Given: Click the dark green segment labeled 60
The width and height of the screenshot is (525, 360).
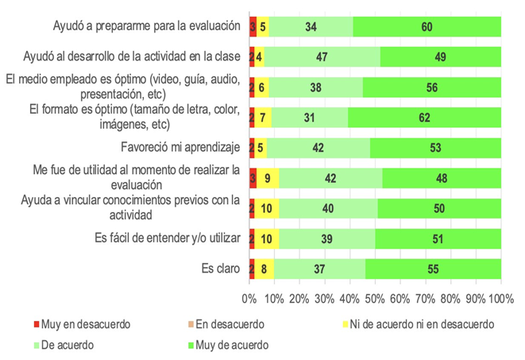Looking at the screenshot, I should point(427,26).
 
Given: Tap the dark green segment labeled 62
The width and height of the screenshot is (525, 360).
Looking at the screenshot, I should point(424,118).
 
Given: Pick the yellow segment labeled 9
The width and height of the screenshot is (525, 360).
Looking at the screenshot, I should point(268,178).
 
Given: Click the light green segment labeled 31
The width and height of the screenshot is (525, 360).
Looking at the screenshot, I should point(308,118).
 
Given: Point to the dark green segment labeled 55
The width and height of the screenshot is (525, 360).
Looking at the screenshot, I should point(432,269).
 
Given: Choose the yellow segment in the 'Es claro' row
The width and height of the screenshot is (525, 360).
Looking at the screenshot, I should point(264,269).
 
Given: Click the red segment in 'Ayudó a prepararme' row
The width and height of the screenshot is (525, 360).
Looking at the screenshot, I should point(253,26).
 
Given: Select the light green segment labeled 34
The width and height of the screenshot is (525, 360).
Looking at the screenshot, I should point(311,26).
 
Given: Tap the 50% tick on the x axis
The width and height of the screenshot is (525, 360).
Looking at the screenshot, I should point(375,298).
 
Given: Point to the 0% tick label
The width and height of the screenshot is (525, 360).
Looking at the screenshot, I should point(249,298).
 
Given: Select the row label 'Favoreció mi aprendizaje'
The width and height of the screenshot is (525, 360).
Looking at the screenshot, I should point(180,148).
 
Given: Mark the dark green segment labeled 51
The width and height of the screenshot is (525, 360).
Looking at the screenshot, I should point(438,238).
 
